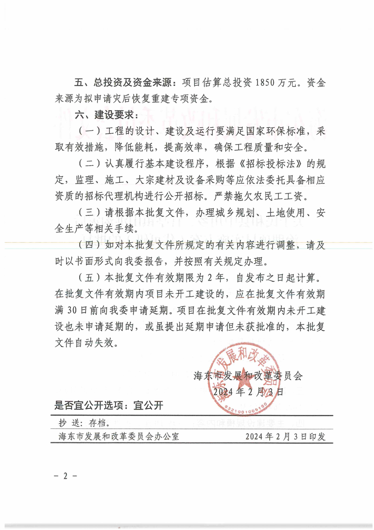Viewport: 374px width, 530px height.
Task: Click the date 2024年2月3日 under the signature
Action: click(x=249, y=392)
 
